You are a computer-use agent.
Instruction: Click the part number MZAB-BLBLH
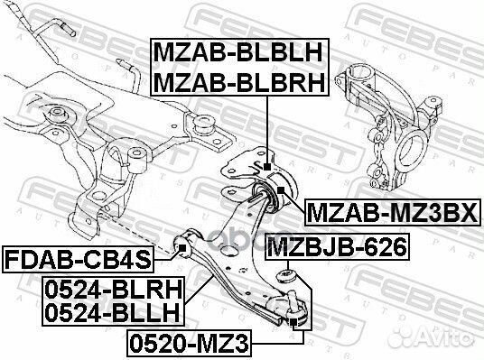click(x=238, y=52)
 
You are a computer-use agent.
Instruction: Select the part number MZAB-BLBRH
click(x=239, y=83)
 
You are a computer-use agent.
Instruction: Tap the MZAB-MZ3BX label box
click(x=393, y=213)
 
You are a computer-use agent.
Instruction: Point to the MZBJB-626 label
click(x=338, y=247)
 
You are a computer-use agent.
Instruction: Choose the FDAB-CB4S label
click(x=78, y=260)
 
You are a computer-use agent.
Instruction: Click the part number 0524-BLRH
click(x=114, y=291)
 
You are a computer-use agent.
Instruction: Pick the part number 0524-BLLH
click(x=112, y=312)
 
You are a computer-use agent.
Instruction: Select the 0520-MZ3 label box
click(x=190, y=344)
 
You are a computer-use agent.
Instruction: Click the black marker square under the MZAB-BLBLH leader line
click(x=267, y=167)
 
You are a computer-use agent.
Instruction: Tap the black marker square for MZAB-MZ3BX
click(x=281, y=189)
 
